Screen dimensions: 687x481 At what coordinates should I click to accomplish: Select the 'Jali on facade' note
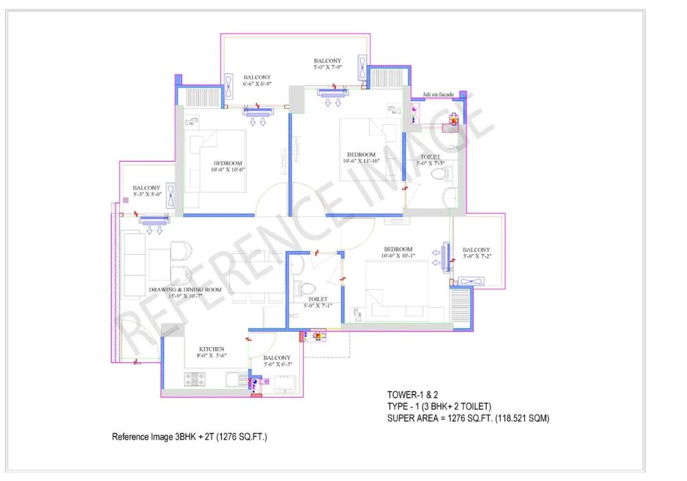[438, 95]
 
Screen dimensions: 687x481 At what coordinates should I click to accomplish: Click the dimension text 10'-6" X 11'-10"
[361, 161]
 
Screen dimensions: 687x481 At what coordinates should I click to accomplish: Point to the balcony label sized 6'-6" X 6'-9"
[257, 80]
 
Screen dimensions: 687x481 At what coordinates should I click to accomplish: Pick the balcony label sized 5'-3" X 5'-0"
[147, 191]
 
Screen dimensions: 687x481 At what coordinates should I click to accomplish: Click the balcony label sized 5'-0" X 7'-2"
[477, 253]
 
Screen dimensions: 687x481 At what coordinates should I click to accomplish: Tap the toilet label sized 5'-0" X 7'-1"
[317, 302]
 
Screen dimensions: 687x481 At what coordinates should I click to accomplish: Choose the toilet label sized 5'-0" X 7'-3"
[430, 160]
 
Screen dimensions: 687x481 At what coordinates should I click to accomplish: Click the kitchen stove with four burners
[194, 379]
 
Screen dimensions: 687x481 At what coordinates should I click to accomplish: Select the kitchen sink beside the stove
[236, 379]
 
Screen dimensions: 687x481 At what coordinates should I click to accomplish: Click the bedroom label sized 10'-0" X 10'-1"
[398, 252]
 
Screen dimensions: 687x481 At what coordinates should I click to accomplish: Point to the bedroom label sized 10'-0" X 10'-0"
[228, 166]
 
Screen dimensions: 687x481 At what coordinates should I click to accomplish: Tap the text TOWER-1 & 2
[412, 394]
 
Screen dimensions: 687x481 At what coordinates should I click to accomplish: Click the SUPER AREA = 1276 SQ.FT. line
[468, 418]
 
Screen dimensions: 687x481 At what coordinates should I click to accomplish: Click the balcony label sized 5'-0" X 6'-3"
[278, 361]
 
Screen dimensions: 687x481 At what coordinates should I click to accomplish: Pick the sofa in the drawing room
[135, 265]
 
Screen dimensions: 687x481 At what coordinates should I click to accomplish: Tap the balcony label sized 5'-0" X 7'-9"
[328, 64]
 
